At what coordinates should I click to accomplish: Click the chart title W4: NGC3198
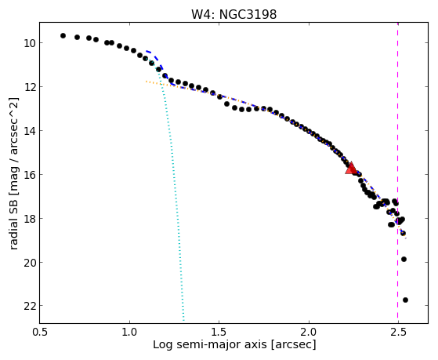(233, 14)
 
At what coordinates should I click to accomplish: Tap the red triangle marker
(351, 168)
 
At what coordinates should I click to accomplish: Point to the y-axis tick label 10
(30, 43)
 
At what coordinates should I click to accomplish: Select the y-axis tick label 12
(30, 87)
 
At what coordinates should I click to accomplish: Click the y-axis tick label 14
(30, 131)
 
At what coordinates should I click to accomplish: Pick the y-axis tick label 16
(30, 175)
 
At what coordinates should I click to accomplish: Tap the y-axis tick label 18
(30, 219)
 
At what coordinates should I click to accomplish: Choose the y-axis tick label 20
(30, 263)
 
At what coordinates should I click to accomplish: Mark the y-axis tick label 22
(30, 307)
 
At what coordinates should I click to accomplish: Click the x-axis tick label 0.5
(40, 332)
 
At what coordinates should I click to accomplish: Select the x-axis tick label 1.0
(129, 332)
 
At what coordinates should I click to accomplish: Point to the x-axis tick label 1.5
(219, 332)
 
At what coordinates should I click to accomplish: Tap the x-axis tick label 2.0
(309, 332)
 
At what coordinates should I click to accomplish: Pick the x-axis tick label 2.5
(398, 332)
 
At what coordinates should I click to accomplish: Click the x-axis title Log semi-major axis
(210, 345)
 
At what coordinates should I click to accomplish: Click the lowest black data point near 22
(405, 300)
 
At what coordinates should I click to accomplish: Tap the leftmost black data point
(63, 35)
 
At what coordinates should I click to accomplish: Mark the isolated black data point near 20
(404, 259)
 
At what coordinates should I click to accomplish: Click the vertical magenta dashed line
(397, 173)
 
